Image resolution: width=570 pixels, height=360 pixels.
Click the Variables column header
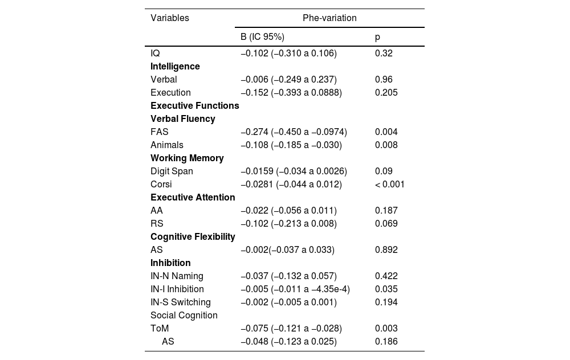click(x=169, y=18)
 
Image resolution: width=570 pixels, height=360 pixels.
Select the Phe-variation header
click(x=329, y=18)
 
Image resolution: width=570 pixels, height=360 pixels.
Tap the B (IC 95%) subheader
click(x=262, y=37)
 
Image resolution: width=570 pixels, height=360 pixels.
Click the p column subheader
click(x=377, y=37)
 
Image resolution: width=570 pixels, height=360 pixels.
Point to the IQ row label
click(x=155, y=53)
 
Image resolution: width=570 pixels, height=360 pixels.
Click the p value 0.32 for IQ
click(x=384, y=53)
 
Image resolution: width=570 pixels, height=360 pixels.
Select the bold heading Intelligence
click(x=175, y=66)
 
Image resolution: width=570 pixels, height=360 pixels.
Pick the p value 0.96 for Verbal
click(x=384, y=79)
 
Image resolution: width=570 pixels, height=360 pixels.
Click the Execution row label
click(x=170, y=92)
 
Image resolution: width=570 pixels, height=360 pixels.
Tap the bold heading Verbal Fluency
click(x=182, y=118)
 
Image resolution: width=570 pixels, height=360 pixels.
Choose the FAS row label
click(x=160, y=132)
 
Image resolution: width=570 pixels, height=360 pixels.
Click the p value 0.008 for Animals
click(x=386, y=145)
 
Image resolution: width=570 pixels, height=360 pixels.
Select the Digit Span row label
click(x=172, y=171)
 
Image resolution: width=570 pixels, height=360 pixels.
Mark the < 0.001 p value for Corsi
click(x=390, y=184)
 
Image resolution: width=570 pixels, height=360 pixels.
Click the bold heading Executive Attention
click(x=193, y=197)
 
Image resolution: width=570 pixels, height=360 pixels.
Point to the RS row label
click(x=157, y=223)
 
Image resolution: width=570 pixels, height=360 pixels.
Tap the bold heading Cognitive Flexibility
click(x=193, y=236)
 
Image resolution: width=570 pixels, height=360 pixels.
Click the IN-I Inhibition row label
click(x=177, y=289)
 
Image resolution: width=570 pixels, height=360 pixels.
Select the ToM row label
click(x=160, y=328)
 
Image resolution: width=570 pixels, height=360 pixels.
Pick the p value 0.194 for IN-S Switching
click(x=386, y=302)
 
